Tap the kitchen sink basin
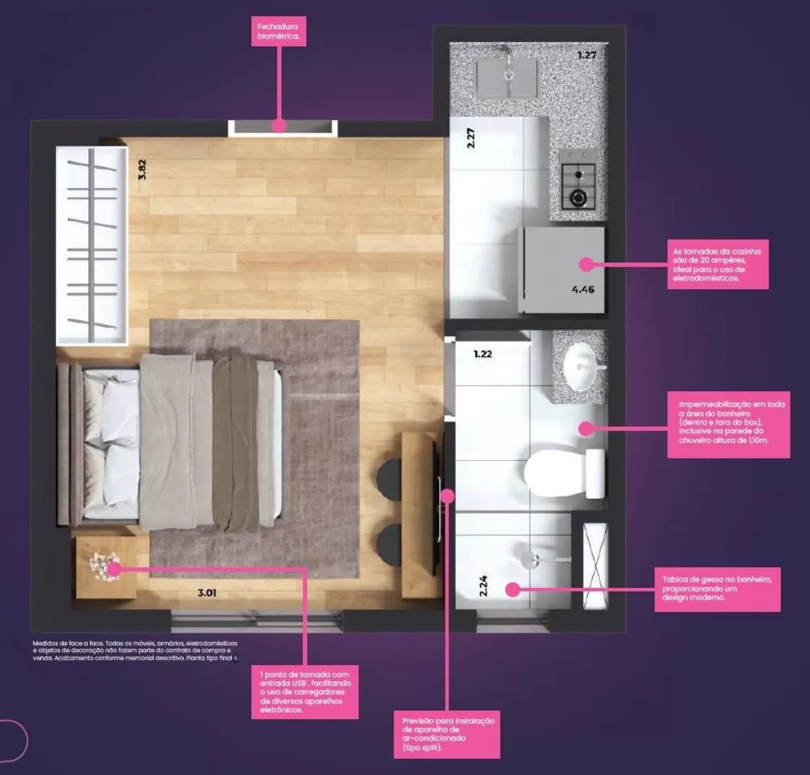tap(508, 79)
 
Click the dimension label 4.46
tap(582, 288)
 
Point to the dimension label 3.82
tap(142, 168)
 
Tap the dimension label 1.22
tap(484, 354)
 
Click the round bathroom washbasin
tap(584, 367)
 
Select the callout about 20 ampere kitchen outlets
tap(717, 264)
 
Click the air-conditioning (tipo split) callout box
tap(448, 735)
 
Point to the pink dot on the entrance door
tap(279, 126)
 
